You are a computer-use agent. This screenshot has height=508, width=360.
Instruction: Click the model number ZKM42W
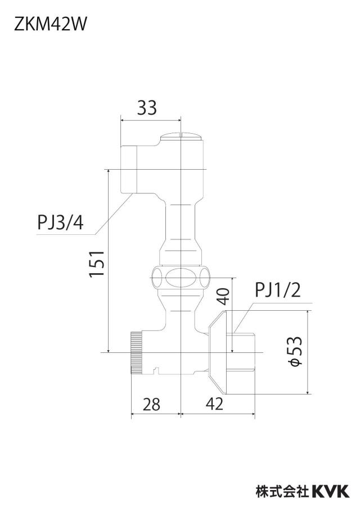click(50, 25)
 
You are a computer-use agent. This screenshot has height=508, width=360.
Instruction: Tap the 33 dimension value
click(147, 107)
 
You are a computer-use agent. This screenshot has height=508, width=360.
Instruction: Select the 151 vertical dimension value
click(97, 264)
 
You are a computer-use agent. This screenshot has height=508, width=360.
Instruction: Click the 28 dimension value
click(151, 404)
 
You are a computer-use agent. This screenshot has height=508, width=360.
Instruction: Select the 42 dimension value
click(215, 404)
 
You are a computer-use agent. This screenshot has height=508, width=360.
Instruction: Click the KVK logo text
click(331, 492)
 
